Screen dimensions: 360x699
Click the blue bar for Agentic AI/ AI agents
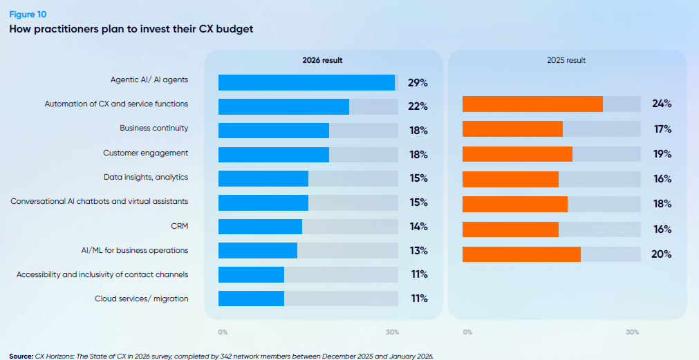coord(306,82)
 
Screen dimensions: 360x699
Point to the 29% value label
coord(418,83)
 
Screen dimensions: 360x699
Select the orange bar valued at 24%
coord(532,104)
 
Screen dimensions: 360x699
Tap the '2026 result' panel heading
coord(322,60)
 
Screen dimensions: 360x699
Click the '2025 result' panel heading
coord(566,60)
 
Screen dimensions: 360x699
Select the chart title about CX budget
coord(131,29)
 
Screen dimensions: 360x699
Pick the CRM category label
coord(178,225)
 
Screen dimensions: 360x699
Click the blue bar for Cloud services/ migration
coord(251,299)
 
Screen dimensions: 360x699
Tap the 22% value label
coord(418,106)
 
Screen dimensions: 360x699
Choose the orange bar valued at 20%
coord(521,254)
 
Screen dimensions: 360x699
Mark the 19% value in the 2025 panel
coord(662,154)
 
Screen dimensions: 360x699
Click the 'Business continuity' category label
coord(153,128)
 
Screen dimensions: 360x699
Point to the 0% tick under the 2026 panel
coord(223,332)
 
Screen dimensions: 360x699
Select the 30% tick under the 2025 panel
coord(632,332)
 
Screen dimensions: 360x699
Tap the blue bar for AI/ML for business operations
coord(257,250)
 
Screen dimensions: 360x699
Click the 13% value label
coord(418,250)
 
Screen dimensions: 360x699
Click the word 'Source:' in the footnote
coord(21,356)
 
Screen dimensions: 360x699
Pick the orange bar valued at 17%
coord(512,129)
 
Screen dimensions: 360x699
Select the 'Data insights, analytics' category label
coord(145,177)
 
